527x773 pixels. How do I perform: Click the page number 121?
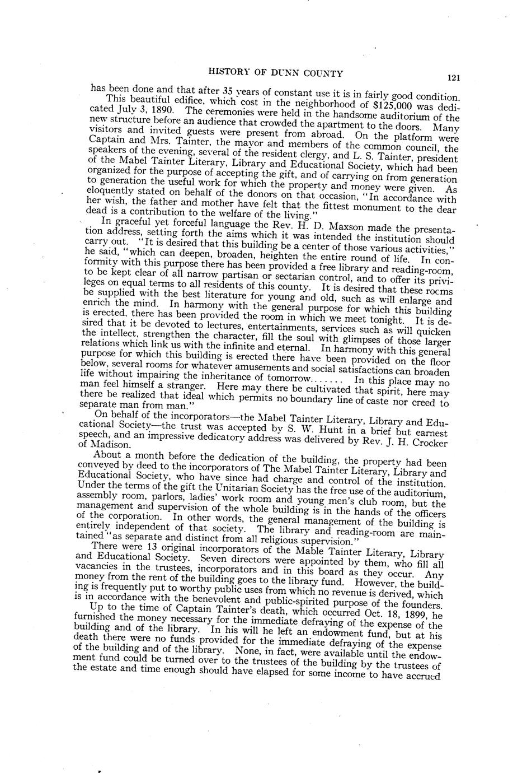click(x=453, y=78)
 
